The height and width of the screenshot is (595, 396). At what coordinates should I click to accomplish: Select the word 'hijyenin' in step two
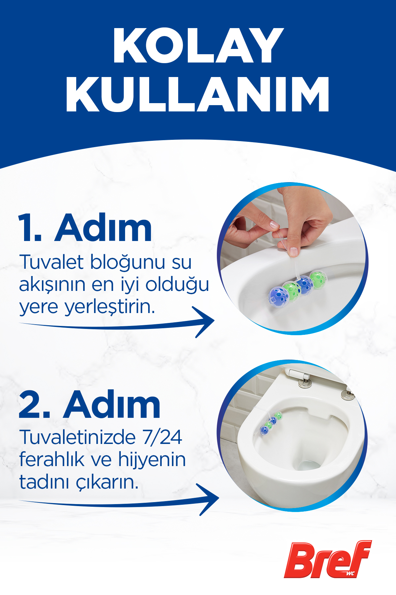(152, 460)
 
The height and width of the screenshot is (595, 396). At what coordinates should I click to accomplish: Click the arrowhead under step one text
(206, 321)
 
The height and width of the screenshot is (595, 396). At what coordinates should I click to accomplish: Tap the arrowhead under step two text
(210, 498)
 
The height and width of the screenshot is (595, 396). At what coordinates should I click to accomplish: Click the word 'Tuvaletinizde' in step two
(78, 437)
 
